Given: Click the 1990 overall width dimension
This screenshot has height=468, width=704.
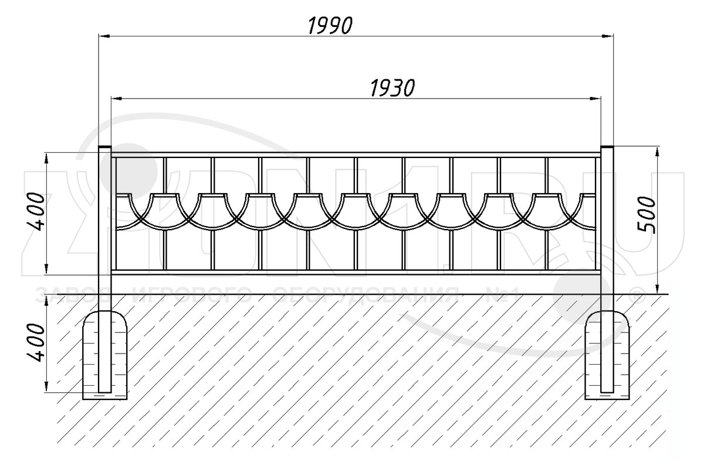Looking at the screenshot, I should pyautogui.click(x=330, y=25).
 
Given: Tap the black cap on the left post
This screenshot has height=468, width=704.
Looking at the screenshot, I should pyautogui.click(x=104, y=147).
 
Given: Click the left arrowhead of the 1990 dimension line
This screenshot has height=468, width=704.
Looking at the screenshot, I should pyautogui.click(x=103, y=36).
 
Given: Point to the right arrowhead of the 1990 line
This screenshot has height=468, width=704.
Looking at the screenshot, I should pyautogui.click(x=608, y=36).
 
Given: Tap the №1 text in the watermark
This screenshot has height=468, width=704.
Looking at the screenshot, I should pyautogui.click(x=502, y=293).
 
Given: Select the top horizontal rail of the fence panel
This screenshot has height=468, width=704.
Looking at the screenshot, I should pyautogui.click(x=356, y=154).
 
